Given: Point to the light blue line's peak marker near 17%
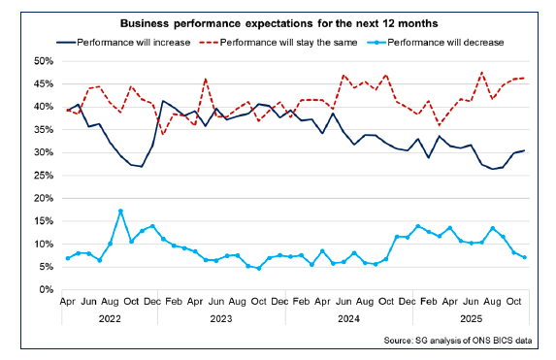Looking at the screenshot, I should click(x=120, y=211).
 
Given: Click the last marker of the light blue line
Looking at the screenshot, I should click(x=525, y=257).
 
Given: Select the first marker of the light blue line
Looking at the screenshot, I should click(x=68, y=258).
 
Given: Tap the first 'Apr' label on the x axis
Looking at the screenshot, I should click(x=68, y=302).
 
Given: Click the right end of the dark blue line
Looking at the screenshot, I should click(x=525, y=150).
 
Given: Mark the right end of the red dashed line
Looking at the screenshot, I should click(x=525, y=78).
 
